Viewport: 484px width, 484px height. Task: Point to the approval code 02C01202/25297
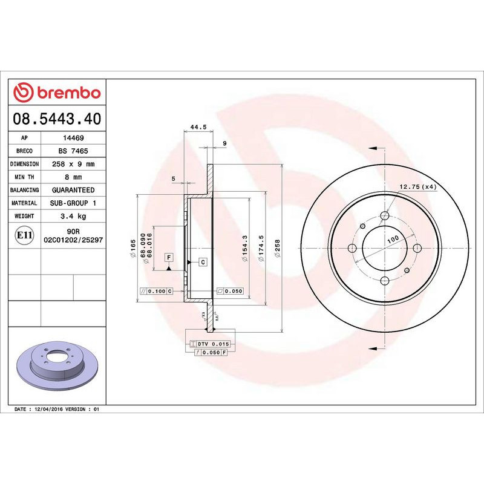[x=73, y=240]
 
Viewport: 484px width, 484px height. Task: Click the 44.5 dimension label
[x=199, y=127]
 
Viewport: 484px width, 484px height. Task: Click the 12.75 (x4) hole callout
[x=418, y=187]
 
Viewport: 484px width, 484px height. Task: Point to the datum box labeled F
[x=169, y=258]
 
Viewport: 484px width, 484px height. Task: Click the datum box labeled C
[x=203, y=262]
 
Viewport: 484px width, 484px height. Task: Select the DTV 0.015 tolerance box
[x=209, y=344]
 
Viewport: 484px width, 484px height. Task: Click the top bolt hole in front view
[x=385, y=216]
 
